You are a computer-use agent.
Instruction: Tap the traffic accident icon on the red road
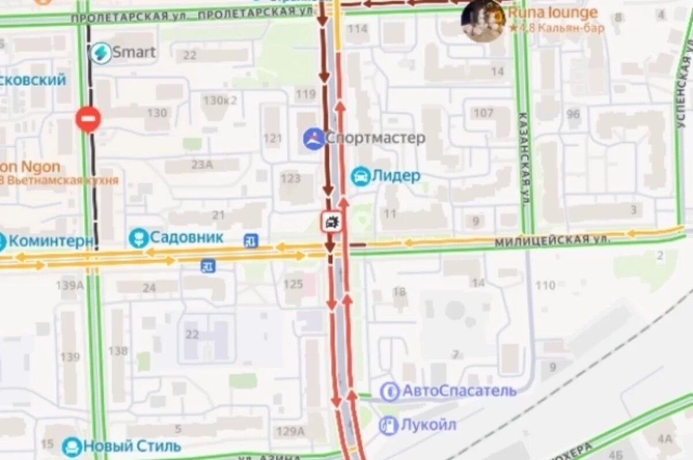[x=331, y=222]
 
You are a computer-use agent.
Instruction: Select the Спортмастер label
[x=375, y=139]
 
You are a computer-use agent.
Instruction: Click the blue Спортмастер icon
[x=314, y=139]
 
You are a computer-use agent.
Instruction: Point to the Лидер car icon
[x=360, y=176]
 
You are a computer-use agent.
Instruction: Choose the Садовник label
[x=187, y=237]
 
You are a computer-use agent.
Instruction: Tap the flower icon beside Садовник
[x=139, y=238]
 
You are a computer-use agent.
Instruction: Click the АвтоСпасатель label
[x=459, y=391]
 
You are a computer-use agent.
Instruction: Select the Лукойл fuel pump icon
[x=389, y=426]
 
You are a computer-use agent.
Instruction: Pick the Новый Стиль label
[x=132, y=446]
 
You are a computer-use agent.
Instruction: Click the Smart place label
[x=133, y=53]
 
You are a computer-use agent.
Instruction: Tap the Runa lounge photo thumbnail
[x=483, y=21]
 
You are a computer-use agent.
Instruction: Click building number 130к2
[x=220, y=100]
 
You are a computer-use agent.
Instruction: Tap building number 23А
[x=202, y=165]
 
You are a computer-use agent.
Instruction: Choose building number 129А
[x=290, y=431]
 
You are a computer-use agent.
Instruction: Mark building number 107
[x=484, y=113]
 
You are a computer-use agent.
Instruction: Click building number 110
[x=545, y=285]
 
